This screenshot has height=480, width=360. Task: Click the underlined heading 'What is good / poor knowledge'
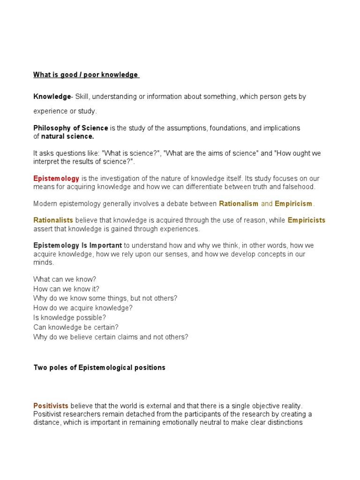[85, 75]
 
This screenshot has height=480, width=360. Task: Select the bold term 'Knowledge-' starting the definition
[52, 97]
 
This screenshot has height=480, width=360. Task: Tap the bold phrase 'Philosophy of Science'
[71, 128]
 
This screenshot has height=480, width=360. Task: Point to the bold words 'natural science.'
[67, 136]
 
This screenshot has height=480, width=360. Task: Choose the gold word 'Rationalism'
[239, 204]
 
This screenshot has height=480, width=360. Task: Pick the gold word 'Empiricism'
[293, 204]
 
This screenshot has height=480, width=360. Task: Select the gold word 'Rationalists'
[53, 220]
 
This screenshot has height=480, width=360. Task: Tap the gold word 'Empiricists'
[306, 220]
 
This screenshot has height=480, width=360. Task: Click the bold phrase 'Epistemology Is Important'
[78, 246]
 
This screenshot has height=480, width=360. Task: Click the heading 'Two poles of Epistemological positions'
[99, 367]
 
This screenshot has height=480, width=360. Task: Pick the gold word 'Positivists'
[51, 406]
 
